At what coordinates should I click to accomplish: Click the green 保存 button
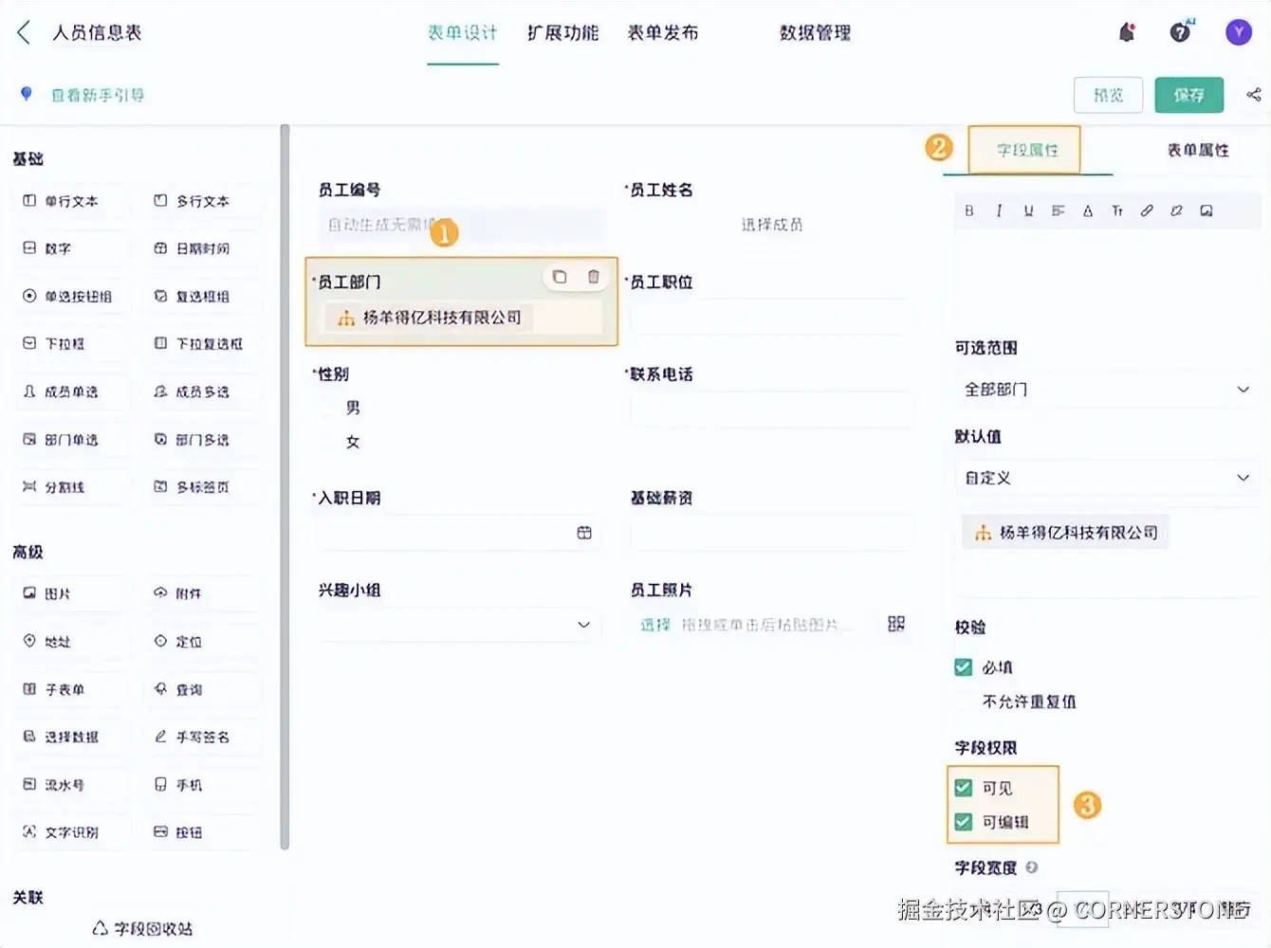1188,95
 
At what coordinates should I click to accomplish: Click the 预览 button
1108,95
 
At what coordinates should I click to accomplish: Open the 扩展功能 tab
562,33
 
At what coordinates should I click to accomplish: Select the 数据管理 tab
815,33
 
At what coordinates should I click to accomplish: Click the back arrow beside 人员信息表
24,33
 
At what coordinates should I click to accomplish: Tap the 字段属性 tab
1026,150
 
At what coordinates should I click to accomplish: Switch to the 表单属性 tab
1197,150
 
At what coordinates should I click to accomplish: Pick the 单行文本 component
70,201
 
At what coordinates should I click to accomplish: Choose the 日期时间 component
201,248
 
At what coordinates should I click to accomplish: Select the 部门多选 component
201,440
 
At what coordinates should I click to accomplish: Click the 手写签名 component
201,737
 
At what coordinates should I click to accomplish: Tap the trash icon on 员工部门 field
594,277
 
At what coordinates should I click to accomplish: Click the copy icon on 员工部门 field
560,277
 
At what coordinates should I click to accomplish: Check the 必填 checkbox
964,667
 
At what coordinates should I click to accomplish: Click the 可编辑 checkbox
964,822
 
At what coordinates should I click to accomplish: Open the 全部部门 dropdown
1106,390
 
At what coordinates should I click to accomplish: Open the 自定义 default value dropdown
1106,478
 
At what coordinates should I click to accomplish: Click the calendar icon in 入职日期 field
584,533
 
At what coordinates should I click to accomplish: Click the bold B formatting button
968,210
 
